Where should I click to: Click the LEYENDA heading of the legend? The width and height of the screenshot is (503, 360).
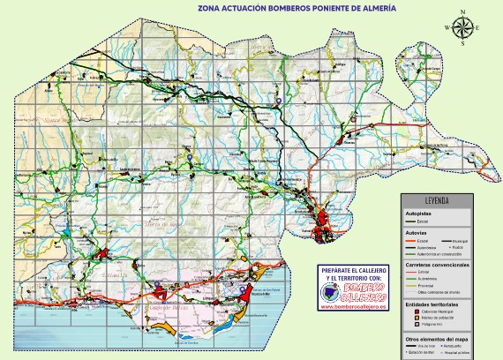[438, 199]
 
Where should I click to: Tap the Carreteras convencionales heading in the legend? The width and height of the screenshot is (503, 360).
[438, 265]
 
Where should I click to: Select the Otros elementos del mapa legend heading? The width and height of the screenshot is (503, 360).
[436, 340]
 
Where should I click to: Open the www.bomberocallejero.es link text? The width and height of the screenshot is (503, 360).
[351, 307]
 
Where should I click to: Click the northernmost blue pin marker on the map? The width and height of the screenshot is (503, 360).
[279, 101]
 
